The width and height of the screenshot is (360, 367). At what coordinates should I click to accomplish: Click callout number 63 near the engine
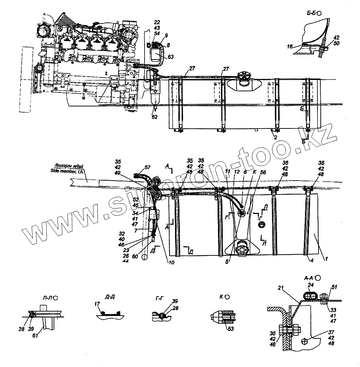tap(171, 57)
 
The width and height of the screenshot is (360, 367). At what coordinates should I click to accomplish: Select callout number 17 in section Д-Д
tap(97, 304)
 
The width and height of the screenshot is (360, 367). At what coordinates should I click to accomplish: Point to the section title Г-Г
tap(160, 299)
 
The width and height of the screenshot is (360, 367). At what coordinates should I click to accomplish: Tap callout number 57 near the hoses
tap(147, 167)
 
